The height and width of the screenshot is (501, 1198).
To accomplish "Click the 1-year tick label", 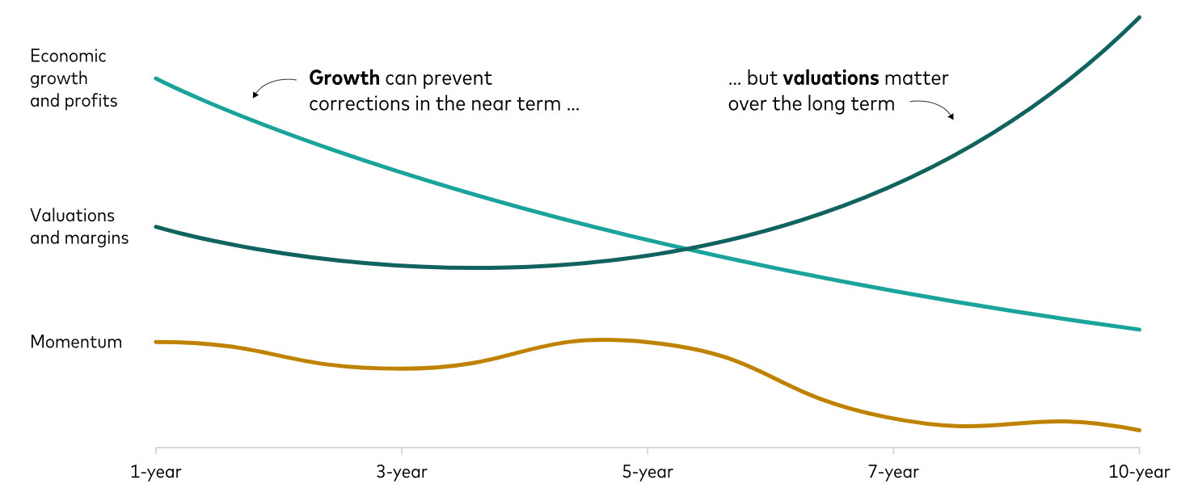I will click(156, 472).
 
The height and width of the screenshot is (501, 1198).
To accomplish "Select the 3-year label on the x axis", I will click(402, 472).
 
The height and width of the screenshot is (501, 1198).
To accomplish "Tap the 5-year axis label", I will click(648, 472).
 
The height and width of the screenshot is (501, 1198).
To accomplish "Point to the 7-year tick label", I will click(893, 472).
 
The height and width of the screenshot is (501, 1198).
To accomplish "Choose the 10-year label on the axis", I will click(1138, 472).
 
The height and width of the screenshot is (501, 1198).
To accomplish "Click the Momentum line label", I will click(76, 342).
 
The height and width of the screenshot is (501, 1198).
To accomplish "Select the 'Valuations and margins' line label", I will click(78, 227).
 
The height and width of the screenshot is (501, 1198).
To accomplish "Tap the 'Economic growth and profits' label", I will click(73, 78).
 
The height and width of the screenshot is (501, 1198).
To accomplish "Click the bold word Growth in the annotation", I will click(344, 78).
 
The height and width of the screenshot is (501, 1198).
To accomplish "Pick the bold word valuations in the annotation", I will click(831, 78).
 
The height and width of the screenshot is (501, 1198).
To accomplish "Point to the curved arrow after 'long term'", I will click(932, 108).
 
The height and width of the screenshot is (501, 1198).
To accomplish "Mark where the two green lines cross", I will click(686, 249).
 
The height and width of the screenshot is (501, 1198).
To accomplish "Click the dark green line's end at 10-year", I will click(1139, 17).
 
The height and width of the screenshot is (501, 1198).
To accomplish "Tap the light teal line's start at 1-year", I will click(156, 78).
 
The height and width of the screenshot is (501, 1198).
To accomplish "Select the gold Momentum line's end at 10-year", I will click(1139, 430).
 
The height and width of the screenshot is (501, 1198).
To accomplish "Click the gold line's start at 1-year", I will click(156, 342).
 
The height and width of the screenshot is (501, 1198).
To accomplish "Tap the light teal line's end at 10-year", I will click(1139, 329).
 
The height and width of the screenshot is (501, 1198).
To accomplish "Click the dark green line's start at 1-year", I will click(156, 227).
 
